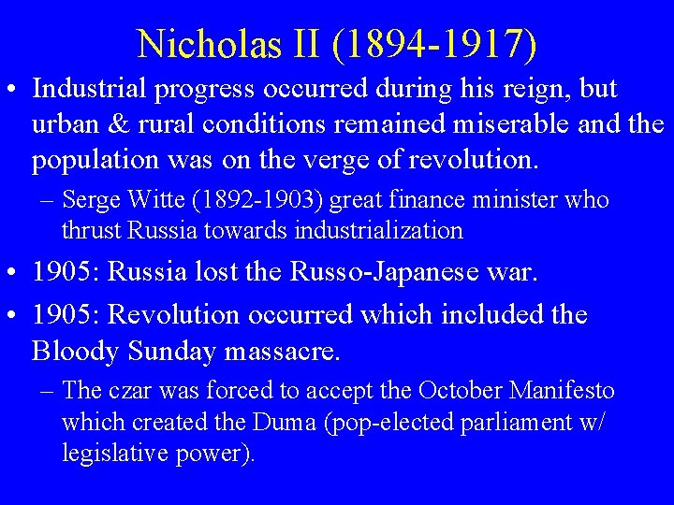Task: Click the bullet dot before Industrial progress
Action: [14, 91]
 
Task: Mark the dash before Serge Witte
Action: [48, 200]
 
